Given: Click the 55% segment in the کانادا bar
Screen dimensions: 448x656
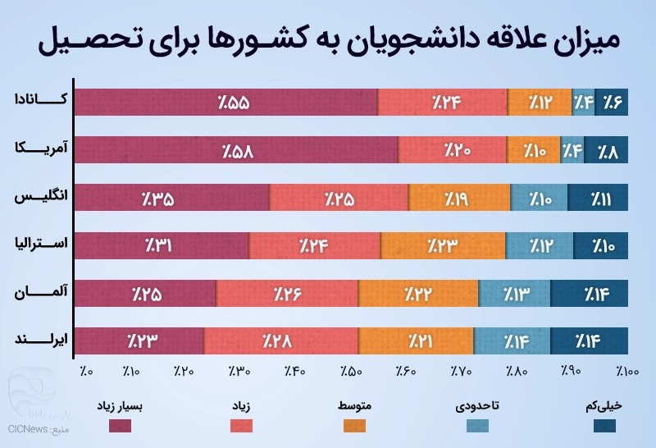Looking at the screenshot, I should [x=226, y=103].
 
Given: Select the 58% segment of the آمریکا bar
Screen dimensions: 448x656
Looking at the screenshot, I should [x=236, y=150].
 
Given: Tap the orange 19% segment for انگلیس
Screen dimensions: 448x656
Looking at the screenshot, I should [x=459, y=198].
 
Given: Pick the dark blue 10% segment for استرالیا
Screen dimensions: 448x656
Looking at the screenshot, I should [x=601, y=245].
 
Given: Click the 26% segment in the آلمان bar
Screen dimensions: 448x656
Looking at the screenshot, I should [x=287, y=293].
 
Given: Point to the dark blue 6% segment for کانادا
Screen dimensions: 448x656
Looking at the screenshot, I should [x=612, y=103].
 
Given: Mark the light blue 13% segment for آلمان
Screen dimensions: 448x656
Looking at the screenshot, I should [x=514, y=293].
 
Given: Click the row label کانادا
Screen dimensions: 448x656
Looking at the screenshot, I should [x=43, y=100].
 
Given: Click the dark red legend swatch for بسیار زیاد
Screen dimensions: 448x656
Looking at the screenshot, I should [x=121, y=425].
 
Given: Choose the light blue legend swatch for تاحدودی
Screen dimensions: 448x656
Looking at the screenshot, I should [x=478, y=425].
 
